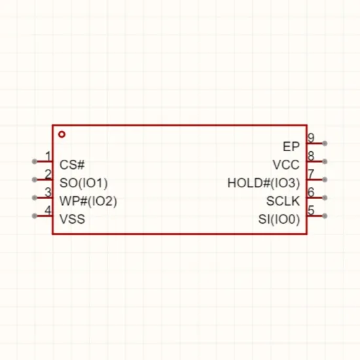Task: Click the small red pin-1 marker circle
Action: point(62,134)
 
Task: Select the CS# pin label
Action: point(72,165)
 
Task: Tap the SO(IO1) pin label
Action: point(84,183)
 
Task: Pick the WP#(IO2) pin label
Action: point(88,201)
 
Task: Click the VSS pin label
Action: point(72,219)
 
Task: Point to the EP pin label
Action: point(291,147)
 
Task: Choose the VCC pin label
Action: point(286,165)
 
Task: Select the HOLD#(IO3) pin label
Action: point(264,183)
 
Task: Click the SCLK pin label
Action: point(283,201)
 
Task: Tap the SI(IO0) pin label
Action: point(279,219)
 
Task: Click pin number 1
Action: point(48,156)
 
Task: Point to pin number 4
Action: point(48,210)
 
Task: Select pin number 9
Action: point(311,137)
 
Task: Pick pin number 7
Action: point(311,174)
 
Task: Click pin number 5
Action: point(311,210)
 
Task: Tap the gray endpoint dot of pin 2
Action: point(35,179)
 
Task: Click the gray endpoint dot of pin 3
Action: point(35,198)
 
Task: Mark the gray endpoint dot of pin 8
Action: point(325,162)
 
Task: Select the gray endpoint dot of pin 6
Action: point(325,198)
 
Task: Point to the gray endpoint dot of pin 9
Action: point(325,143)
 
